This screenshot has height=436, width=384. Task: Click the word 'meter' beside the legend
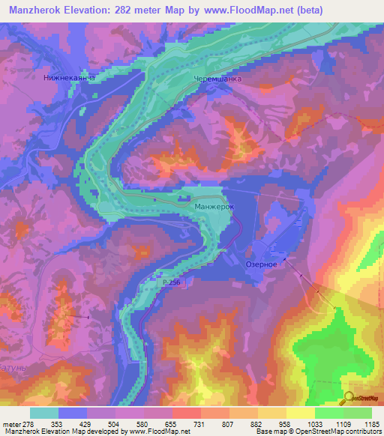point(15,423)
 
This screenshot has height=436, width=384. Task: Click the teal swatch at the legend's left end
point(44,413)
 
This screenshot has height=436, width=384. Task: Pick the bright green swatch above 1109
point(329,413)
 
